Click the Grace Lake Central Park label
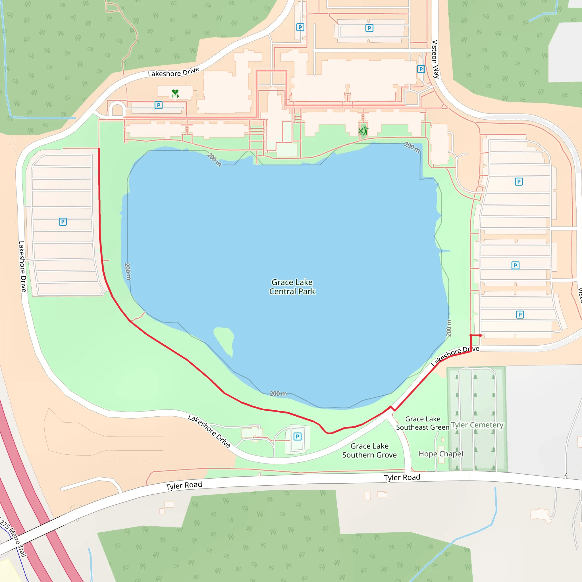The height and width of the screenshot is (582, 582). coord(292,287)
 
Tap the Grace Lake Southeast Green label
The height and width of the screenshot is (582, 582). coord(423,423)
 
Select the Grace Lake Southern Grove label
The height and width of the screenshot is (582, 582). coord(369,450)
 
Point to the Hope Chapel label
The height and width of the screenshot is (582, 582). coord(441,454)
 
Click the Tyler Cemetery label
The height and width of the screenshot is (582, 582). coord(477,425)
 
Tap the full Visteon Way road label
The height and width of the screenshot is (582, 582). coord(435,59)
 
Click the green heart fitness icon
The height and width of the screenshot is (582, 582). coord(175,93)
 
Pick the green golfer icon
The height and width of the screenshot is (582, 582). coord(363,131)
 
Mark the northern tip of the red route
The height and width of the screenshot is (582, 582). coord(99,149)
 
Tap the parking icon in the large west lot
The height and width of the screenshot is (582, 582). coord(63,222)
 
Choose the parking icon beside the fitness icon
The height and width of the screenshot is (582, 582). coord(159,105)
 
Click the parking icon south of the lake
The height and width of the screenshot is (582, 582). coord(297,436)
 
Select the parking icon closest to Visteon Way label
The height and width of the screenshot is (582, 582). coord(421,69)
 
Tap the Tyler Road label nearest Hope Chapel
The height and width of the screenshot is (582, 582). coord(402,477)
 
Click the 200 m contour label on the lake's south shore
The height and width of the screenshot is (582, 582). coord(278,393)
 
